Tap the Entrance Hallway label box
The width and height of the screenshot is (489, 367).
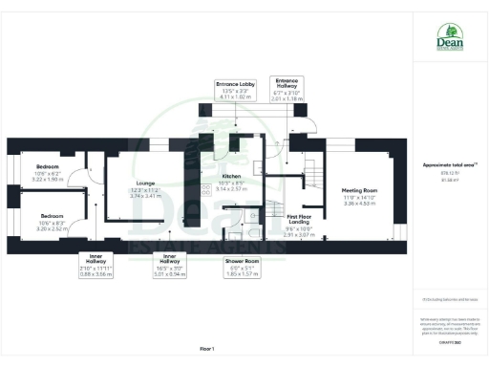287,89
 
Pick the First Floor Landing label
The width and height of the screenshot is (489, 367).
301,225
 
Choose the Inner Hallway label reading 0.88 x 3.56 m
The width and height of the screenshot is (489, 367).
96,264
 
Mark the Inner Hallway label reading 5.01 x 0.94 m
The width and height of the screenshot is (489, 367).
170,264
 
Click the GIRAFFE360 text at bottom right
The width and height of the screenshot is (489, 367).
449,339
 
